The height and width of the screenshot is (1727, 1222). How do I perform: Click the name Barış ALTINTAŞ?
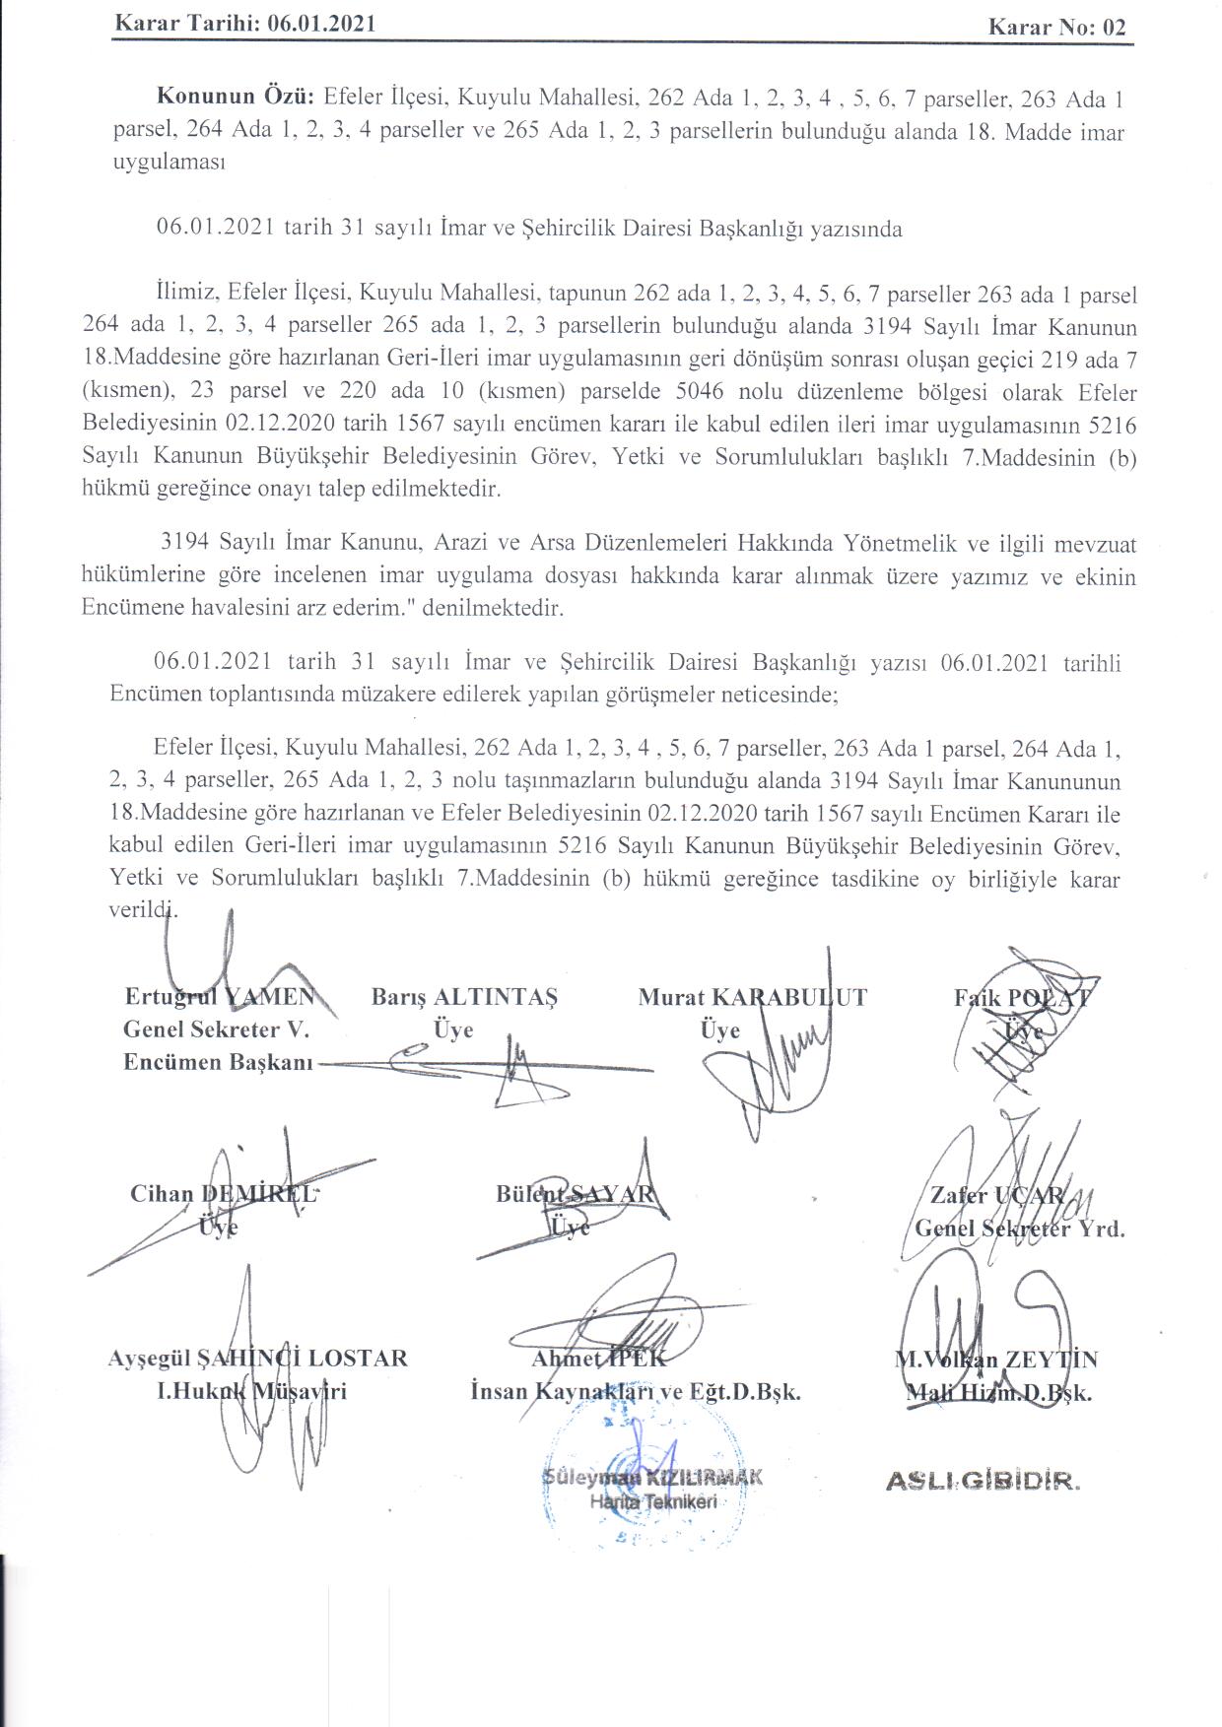(x=464, y=996)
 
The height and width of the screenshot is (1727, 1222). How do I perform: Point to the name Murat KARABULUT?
(x=752, y=996)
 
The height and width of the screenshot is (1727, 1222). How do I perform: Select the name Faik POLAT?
(x=1021, y=996)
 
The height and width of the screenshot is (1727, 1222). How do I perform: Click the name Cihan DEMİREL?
(x=224, y=1193)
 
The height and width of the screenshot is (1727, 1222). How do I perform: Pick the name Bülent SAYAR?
(x=575, y=1193)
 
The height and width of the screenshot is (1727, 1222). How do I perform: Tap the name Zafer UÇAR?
(x=996, y=1195)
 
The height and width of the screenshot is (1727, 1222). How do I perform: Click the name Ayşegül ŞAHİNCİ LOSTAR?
(x=257, y=1358)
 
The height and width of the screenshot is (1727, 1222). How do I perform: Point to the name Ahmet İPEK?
(x=598, y=1359)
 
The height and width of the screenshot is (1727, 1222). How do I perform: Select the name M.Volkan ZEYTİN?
(x=995, y=1360)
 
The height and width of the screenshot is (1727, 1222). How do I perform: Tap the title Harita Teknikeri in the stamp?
(x=652, y=1501)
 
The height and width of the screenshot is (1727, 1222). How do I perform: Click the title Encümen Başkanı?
(x=218, y=1062)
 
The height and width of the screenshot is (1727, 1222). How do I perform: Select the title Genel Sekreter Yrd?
(x=1019, y=1229)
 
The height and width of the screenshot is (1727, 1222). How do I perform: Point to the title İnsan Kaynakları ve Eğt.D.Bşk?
(x=636, y=1392)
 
